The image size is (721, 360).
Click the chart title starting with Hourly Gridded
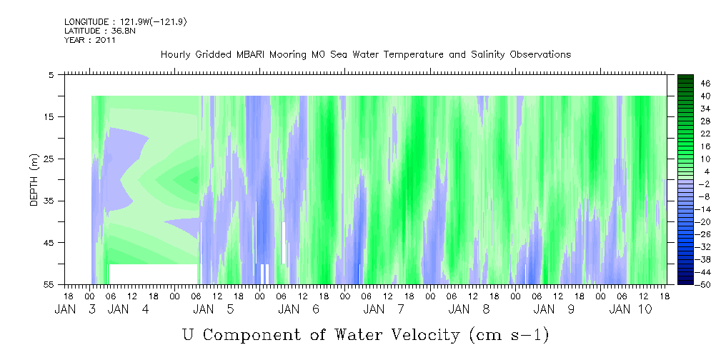(x=366, y=54)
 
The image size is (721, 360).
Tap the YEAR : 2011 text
(x=90, y=40)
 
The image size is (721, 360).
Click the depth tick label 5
(x=51, y=75)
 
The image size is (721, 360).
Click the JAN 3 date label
(x=75, y=309)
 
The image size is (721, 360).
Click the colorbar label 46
(x=685, y=83)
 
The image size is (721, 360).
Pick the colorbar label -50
(x=685, y=285)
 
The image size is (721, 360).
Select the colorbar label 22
(x=685, y=134)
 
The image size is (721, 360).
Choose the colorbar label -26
(x=685, y=234)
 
